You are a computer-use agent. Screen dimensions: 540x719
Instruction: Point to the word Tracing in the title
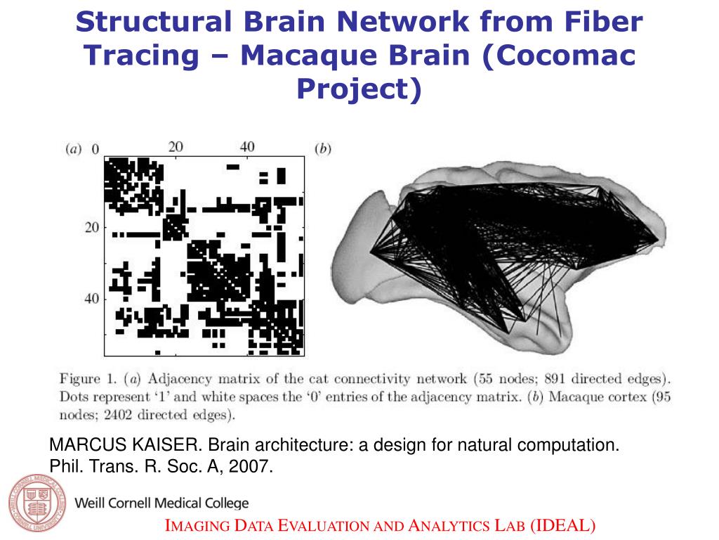point(144,56)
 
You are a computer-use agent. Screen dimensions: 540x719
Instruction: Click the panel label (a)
point(73,148)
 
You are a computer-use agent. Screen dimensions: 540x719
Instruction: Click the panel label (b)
point(323,148)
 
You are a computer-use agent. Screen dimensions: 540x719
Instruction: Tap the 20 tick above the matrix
point(176,147)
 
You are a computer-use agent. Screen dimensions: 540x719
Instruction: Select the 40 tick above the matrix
point(247,147)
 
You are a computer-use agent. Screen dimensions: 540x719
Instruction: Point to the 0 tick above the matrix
point(95,149)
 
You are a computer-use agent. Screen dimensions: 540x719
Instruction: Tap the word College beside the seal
point(224,503)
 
